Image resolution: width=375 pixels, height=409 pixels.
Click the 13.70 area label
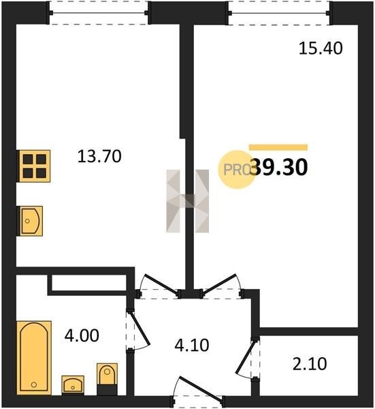[99, 156]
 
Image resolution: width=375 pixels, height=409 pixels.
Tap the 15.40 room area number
[321, 48]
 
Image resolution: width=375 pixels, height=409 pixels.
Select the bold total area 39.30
[280, 167]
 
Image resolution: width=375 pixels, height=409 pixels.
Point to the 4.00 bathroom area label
[82, 335]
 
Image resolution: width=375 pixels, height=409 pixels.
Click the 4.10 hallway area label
[192, 345]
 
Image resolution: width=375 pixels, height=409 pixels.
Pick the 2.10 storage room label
[310, 364]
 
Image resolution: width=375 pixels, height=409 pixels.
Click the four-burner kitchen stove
[33, 166]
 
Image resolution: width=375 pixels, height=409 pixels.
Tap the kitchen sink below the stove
[30, 221]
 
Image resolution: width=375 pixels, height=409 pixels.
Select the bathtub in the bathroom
[34, 358]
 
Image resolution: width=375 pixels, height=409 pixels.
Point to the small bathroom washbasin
[73, 384]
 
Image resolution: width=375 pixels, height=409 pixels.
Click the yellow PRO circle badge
[236, 170]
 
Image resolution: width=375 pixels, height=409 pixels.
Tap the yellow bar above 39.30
[278, 147]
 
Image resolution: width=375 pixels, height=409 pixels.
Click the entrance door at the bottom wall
[197, 392]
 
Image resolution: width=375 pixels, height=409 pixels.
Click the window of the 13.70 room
[99, 12]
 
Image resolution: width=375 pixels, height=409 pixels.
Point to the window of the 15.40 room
[279, 12]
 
